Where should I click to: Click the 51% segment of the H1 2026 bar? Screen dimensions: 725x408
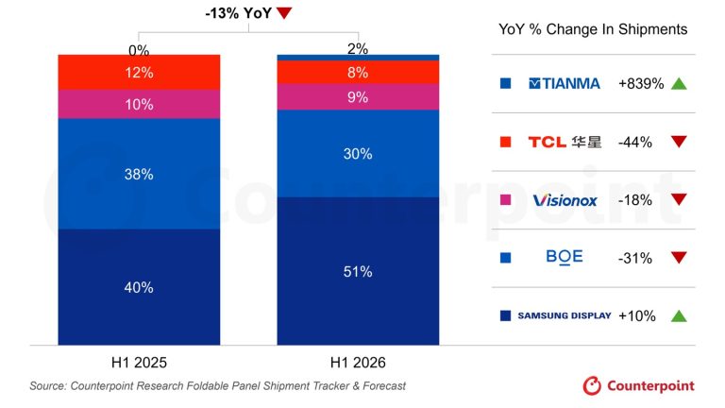[358, 271]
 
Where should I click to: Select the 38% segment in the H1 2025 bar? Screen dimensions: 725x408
[139, 174]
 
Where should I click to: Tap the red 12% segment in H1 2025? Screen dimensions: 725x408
[139, 72]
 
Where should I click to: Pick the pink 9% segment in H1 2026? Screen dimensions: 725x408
[358, 97]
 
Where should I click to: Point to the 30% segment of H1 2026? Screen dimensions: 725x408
[358, 154]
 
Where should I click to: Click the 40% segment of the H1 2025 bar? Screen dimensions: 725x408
[139, 287]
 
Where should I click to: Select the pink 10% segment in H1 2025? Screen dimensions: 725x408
[139, 104]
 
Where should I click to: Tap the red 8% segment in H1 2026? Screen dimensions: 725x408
[358, 72]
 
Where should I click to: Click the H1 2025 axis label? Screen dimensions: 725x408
[139, 363]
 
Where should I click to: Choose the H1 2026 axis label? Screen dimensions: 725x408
[358, 363]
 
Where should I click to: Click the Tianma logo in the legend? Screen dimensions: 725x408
[565, 84]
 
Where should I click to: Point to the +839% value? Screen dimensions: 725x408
[641, 84]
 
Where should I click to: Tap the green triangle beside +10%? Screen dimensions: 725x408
[679, 316]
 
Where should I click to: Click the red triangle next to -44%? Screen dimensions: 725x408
[679, 142]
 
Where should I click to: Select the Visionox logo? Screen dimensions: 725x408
[565, 200]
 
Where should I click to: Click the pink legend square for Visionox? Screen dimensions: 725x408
[505, 200]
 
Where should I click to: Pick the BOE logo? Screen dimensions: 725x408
[565, 257]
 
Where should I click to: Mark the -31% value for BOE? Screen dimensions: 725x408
[634, 258]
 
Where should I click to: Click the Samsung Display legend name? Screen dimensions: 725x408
[565, 315]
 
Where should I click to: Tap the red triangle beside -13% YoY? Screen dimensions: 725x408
[284, 13]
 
